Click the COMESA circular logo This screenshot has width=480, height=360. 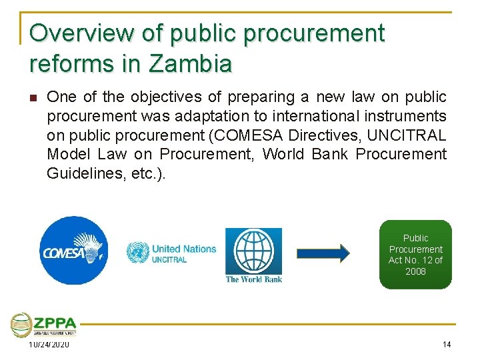pyautogui.click(x=73, y=251)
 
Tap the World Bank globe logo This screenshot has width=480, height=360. pyautogui.click(x=253, y=251)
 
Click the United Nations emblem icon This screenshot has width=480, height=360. pyautogui.click(x=137, y=252)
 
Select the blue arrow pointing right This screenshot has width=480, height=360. pyautogui.click(x=323, y=253)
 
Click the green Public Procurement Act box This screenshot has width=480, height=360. pyautogui.click(x=415, y=254)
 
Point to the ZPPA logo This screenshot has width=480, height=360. pyautogui.click(x=43, y=325)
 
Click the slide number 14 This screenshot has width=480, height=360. pyautogui.click(x=446, y=344)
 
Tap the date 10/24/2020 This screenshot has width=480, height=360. pyautogui.click(x=49, y=344)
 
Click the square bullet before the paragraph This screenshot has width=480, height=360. pyautogui.click(x=33, y=97)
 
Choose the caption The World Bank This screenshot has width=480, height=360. pyautogui.click(x=253, y=279)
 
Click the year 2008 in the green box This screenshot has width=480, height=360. pyautogui.click(x=415, y=271)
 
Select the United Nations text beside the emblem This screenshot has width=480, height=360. pyautogui.click(x=184, y=249)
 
